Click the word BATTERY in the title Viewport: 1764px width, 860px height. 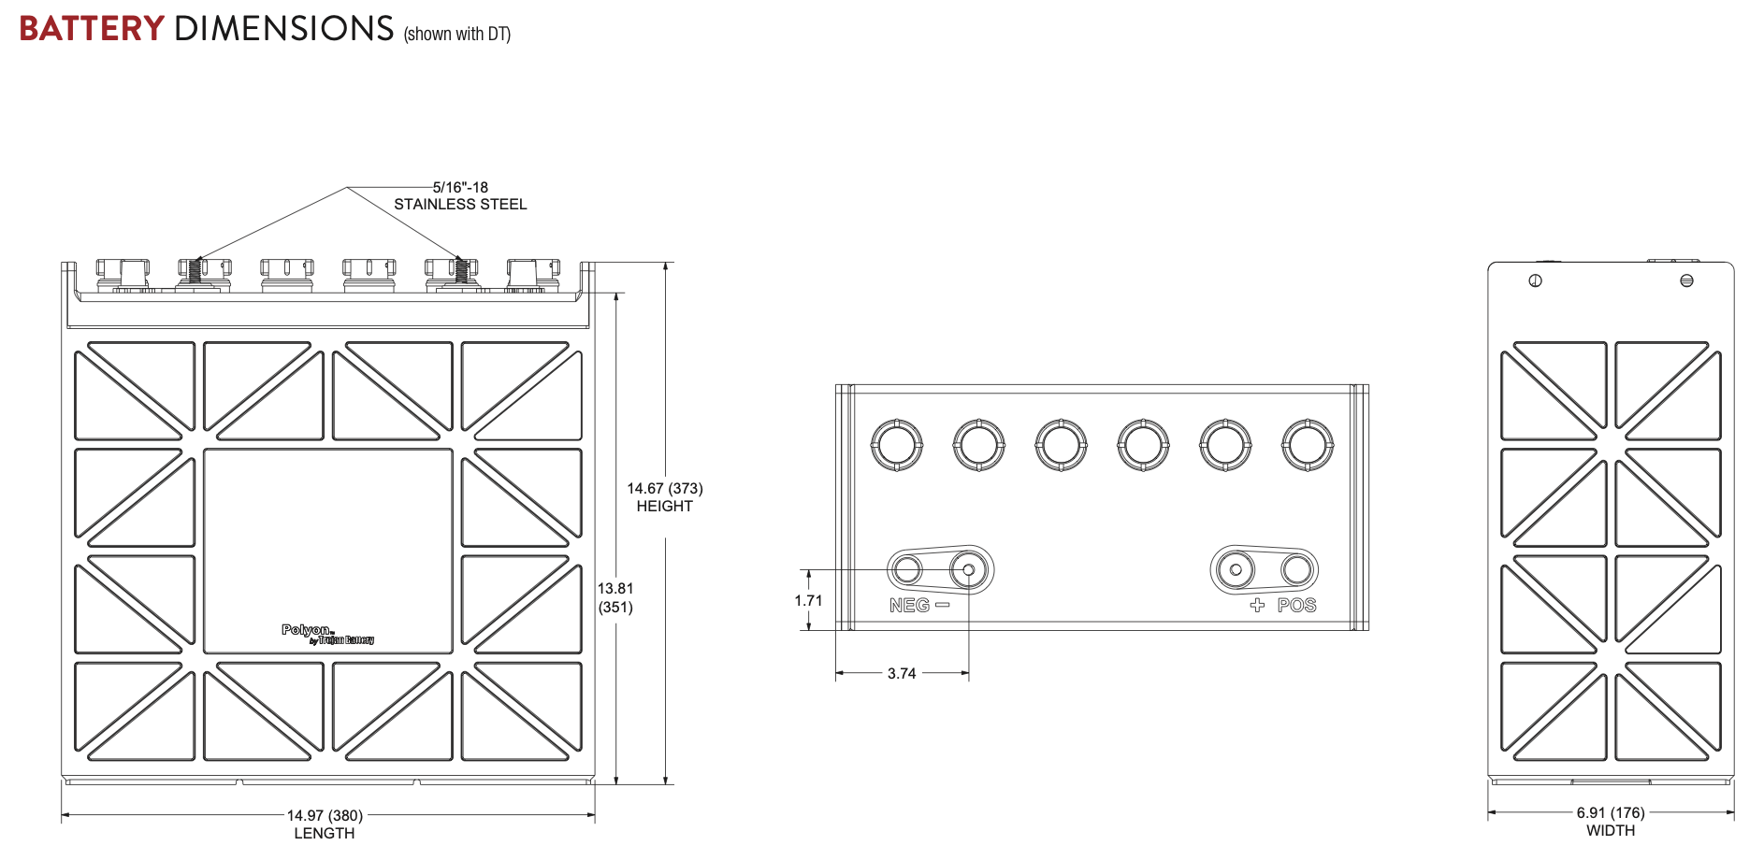92,29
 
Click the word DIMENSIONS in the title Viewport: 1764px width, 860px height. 284,29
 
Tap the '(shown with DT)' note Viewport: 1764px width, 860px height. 456,35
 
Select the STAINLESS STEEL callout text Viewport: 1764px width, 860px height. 460,205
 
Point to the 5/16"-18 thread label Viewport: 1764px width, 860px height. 460,188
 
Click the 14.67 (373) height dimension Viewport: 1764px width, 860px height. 664,489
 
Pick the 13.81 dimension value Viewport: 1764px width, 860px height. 615,589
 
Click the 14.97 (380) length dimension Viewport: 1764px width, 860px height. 325,816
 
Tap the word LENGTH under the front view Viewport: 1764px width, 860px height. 325,834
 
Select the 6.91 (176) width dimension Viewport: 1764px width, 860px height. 1611,813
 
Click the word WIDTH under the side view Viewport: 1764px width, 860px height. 1611,831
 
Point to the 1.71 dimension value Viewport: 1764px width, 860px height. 808,601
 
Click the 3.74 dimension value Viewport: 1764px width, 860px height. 902,674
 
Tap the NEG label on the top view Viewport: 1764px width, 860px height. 910,606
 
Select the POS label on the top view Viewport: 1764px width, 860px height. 1296,606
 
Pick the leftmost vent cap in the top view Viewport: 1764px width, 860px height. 897,445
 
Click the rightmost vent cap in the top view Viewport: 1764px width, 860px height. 1308,445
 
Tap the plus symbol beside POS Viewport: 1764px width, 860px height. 1257,606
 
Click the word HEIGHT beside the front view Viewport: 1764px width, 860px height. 664,507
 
